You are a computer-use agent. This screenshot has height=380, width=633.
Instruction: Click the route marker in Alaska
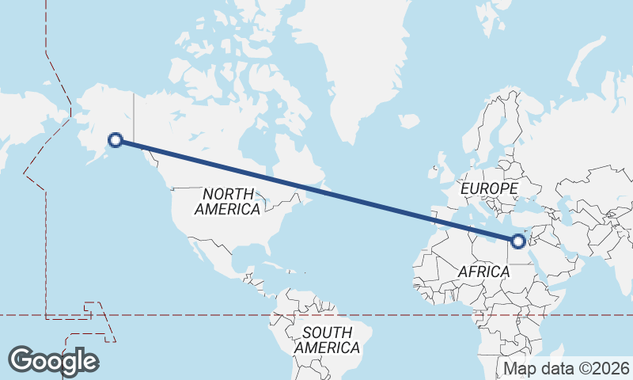116,140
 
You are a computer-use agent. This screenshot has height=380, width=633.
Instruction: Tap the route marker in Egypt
518,241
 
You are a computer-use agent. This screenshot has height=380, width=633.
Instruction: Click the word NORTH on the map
228,194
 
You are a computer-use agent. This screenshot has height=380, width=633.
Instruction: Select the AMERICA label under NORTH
227,210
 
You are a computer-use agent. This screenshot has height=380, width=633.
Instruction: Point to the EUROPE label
489,189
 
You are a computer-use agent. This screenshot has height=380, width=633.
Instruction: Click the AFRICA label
484,272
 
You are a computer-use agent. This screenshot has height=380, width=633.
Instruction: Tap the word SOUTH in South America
328,332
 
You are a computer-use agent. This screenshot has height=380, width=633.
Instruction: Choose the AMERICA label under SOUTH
328,348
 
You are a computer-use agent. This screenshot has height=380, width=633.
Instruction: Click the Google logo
53,361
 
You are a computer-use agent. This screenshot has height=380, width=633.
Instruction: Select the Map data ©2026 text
567,368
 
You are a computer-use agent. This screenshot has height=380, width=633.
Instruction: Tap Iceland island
409,121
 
